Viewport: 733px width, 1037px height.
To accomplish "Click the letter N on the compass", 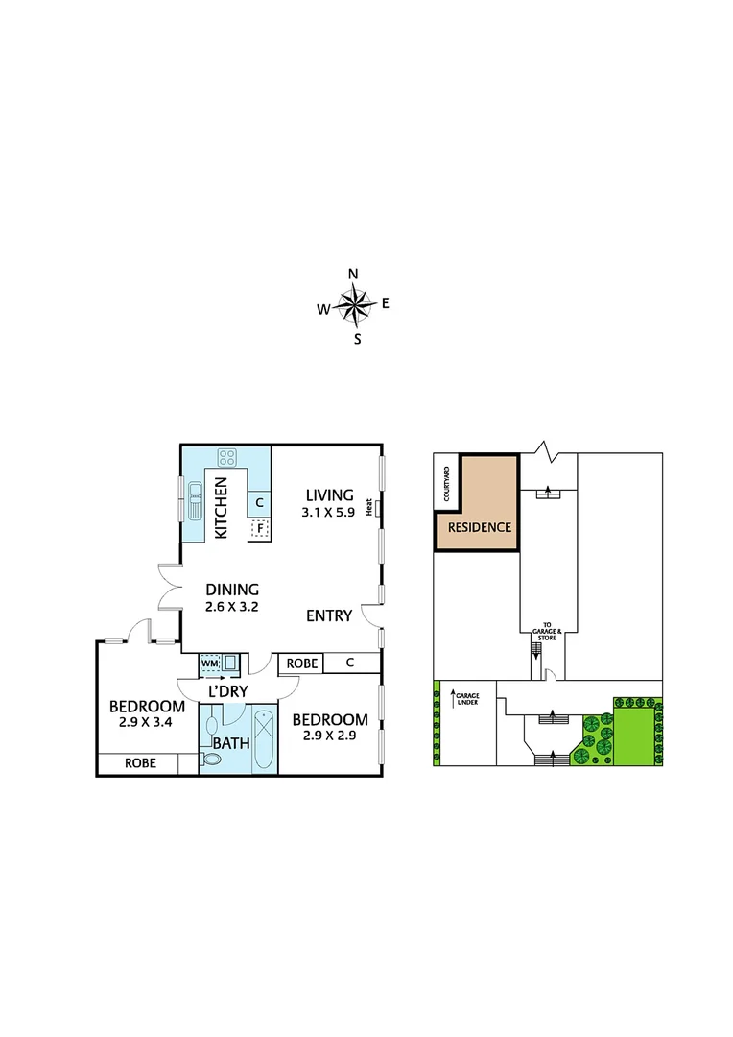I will point(353,274).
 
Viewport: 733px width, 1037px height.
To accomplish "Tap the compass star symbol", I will point(354,306).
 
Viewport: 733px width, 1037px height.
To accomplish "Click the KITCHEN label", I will point(221,509).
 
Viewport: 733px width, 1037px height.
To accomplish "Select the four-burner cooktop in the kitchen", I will point(227,458).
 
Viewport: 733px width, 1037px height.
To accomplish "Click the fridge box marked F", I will point(257,527).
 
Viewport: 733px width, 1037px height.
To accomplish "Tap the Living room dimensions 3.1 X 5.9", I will point(327,514).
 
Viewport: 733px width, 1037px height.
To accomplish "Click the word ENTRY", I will point(329,615).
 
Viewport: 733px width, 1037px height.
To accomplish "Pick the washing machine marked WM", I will point(210,663).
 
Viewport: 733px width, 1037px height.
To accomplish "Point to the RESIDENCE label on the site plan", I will point(479,528).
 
